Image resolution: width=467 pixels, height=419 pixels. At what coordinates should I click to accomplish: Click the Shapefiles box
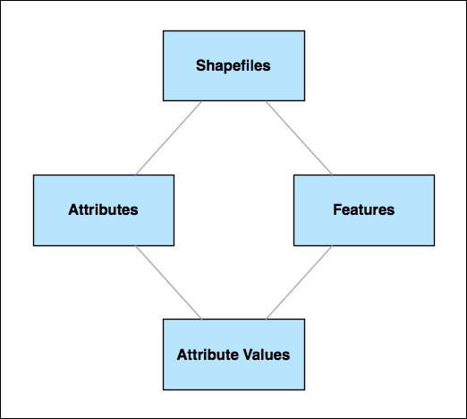pos(233,65)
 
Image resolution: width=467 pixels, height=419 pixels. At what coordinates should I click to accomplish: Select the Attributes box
pos(103,209)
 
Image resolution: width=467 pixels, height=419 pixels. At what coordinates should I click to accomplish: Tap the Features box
pos(363,209)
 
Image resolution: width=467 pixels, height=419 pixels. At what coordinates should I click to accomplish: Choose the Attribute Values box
pos(233,354)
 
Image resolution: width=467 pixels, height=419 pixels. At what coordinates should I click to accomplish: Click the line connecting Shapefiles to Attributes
pos(168,138)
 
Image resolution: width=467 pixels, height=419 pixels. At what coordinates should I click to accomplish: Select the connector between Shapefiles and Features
pos(298,138)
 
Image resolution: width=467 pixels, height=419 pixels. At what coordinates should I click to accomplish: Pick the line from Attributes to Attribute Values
pos(168,282)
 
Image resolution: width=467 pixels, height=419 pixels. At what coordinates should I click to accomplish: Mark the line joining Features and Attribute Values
pos(299,282)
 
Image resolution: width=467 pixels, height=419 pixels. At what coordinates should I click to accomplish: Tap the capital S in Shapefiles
pos(200,66)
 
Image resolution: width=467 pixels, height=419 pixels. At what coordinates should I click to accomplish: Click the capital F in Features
pos(336,210)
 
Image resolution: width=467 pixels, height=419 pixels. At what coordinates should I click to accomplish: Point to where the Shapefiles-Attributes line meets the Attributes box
pos(136,174)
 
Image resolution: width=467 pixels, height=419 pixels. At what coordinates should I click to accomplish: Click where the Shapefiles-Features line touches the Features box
pos(331,174)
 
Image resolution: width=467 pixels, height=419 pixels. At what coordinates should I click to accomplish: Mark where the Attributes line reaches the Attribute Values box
pos(202,319)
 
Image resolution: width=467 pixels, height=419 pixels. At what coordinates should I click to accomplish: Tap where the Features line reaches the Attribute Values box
pos(266,319)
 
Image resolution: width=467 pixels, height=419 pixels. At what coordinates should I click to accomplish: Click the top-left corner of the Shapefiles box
pos(163,31)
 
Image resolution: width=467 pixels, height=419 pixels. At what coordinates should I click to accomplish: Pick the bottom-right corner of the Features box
pos(433,245)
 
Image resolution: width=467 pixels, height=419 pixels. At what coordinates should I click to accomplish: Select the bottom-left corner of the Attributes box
pos(33,245)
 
